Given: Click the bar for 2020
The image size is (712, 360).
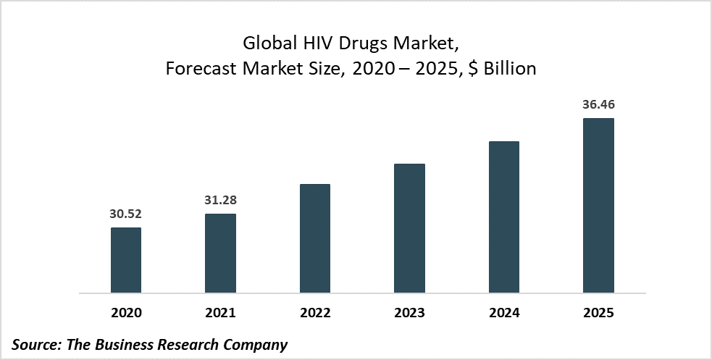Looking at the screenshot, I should [x=126, y=261].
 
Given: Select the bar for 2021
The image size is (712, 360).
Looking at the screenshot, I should [x=220, y=254].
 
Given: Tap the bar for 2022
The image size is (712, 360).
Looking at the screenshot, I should [x=315, y=239].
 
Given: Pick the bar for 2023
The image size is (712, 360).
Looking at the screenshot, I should [x=409, y=229].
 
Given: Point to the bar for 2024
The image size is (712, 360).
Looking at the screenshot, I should [x=504, y=217].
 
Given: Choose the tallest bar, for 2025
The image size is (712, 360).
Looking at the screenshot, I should [x=598, y=206].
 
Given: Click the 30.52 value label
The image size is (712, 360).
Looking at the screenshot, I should [x=126, y=215].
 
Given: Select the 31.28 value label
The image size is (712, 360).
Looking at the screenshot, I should [x=220, y=201].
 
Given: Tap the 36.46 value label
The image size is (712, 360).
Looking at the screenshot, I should [x=598, y=105].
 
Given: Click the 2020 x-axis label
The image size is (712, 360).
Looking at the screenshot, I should [x=126, y=314].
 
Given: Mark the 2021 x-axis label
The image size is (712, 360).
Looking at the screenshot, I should [x=220, y=314].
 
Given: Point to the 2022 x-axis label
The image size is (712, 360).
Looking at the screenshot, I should [x=315, y=314].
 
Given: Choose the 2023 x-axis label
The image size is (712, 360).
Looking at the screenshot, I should [x=409, y=314].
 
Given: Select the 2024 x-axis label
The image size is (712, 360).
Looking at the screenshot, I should [x=504, y=314].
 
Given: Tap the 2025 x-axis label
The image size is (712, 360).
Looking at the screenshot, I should [x=598, y=314].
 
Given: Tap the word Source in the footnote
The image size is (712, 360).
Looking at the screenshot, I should [x=36, y=345].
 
